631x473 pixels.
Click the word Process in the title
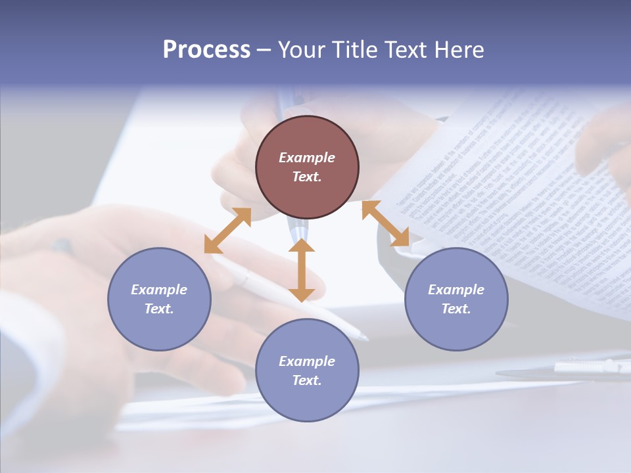tap(206, 50)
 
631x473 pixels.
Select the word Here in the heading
tap(460, 50)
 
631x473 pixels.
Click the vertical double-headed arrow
tap(302, 270)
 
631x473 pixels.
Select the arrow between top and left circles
tap(227, 231)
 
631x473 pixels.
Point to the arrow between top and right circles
tap(385, 224)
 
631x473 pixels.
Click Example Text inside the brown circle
tap(307, 167)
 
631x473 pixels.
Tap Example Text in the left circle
tap(159, 299)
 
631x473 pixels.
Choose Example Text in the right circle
tap(456, 299)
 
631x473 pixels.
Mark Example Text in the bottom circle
tap(307, 371)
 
